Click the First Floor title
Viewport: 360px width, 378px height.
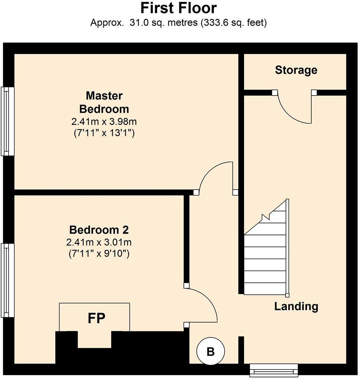(179, 8)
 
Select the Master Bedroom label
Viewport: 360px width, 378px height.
(104, 103)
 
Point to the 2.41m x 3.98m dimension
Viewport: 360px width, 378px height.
(104, 122)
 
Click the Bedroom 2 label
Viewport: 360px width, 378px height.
(99, 230)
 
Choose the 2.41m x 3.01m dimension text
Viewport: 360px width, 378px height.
(99, 243)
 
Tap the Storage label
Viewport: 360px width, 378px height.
(296, 70)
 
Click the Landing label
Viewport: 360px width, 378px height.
(296, 307)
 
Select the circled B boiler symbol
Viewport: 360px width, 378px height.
(210, 351)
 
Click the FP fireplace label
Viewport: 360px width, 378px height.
(96, 318)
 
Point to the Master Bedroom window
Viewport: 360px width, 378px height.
(7, 121)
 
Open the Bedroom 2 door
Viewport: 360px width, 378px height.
(203, 305)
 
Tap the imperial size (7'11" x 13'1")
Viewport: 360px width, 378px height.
(104, 133)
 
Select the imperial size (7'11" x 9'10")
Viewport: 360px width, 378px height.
(99, 254)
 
